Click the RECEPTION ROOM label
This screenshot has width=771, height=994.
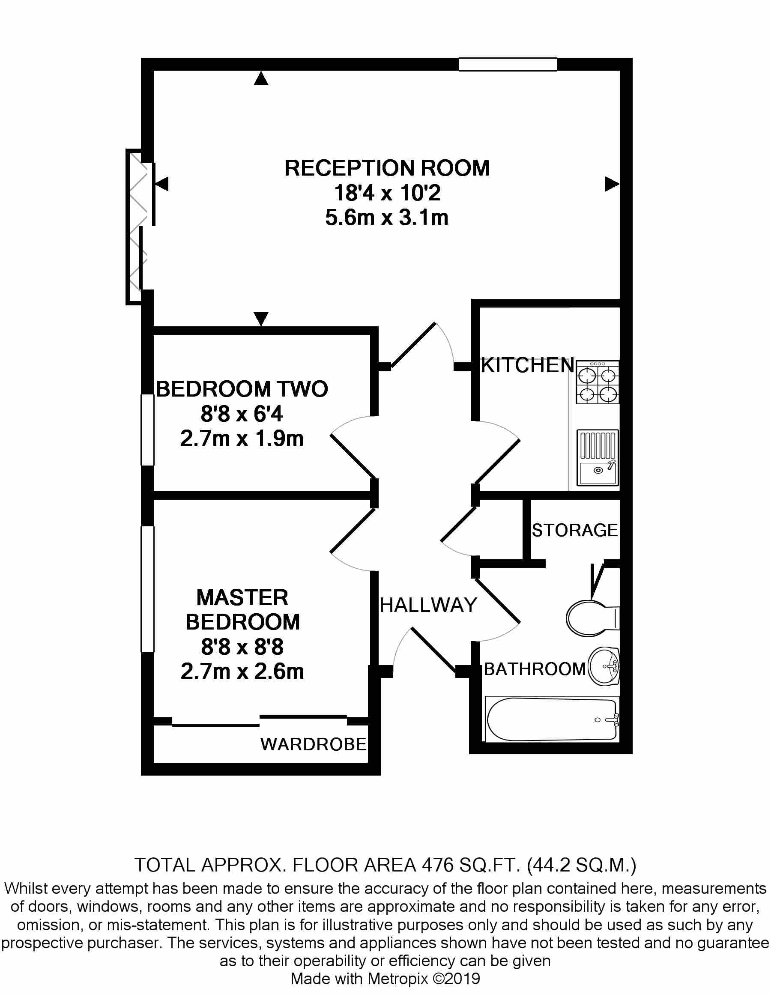[386, 168]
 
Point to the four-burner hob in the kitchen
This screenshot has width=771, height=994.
[597, 383]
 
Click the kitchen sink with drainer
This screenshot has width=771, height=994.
[597, 457]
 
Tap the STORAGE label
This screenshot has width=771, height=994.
[574, 530]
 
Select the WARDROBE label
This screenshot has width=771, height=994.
[313, 745]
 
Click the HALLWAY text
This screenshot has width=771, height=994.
[428, 605]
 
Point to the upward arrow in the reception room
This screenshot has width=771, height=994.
[261, 79]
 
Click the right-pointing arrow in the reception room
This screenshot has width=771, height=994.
[611, 184]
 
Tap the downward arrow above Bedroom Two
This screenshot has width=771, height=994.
[261, 318]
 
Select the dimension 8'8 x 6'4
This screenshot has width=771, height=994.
[242, 414]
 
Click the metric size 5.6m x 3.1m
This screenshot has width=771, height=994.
[386, 218]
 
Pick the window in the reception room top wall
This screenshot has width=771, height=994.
[508, 65]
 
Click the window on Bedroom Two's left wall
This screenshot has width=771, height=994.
[147, 430]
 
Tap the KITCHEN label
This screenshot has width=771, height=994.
[527, 365]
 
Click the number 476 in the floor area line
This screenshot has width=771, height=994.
[437, 865]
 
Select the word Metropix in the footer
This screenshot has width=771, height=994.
[398, 979]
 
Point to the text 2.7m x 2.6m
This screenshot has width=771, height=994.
[242, 672]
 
